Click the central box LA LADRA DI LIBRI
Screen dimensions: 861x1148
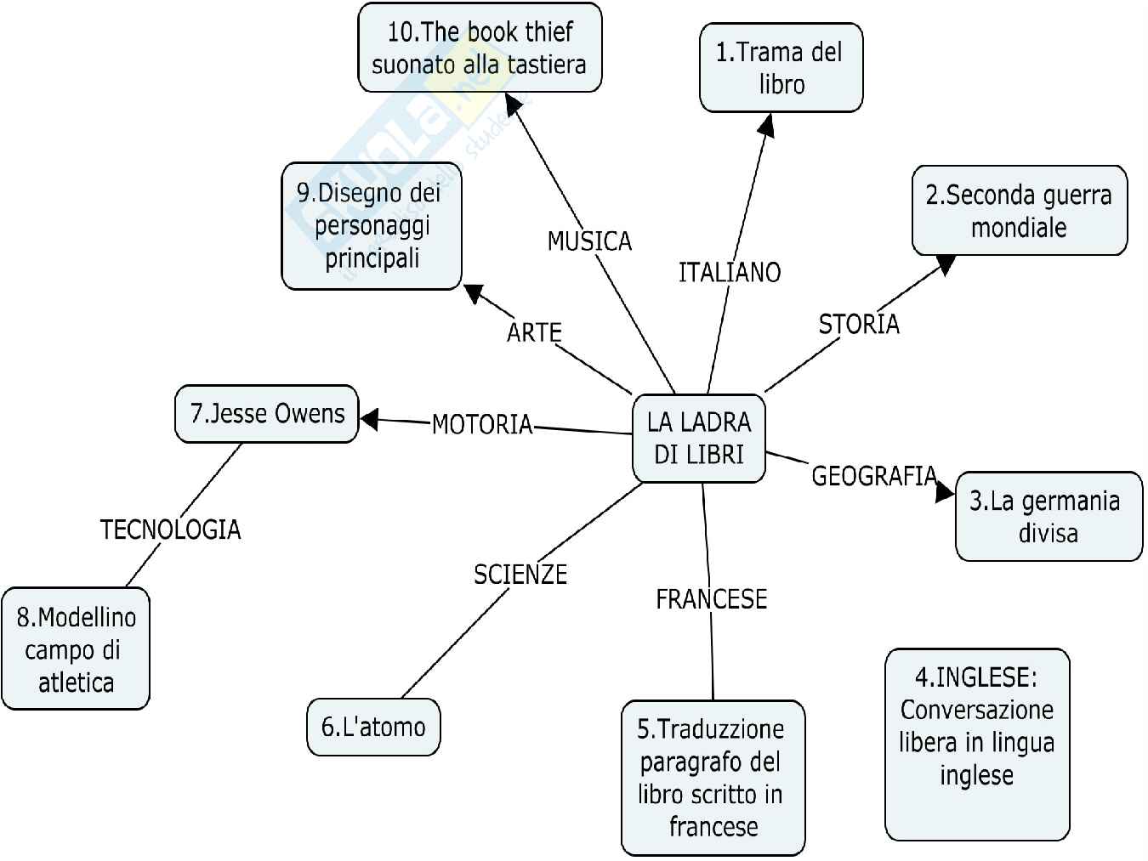coord(698,439)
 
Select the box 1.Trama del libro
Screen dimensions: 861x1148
coord(781,68)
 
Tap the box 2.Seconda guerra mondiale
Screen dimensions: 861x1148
coord(1019,211)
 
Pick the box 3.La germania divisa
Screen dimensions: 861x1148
coord(1048,516)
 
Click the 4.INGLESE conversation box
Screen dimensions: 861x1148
coord(976,743)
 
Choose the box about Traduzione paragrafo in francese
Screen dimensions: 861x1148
coord(713,777)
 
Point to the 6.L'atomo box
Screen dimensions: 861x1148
coord(373,727)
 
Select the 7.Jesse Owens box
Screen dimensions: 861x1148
coord(266,414)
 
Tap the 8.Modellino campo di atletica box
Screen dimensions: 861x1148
coord(76,649)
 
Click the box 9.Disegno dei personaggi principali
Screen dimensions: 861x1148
coord(372,225)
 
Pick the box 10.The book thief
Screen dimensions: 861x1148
coord(480,48)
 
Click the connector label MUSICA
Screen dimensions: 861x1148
coord(589,241)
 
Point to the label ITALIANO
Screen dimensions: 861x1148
coord(730,273)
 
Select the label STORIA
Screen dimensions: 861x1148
coord(858,324)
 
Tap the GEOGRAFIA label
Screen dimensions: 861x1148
coord(873,476)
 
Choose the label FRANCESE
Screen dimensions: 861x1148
coord(711,599)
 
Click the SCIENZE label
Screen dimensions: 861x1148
coord(520,575)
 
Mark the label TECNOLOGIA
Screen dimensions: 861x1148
coord(170,530)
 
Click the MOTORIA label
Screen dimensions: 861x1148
coord(482,423)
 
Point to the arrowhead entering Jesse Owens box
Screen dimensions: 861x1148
coord(369,418)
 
